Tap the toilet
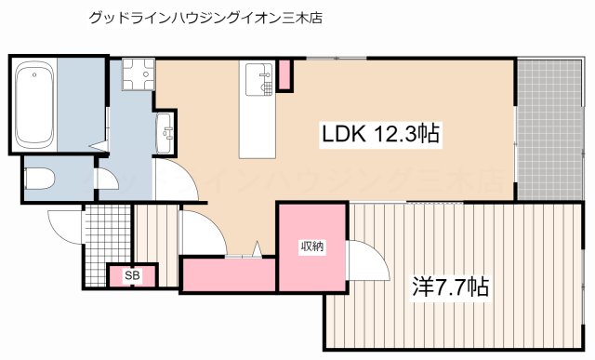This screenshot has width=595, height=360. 42,180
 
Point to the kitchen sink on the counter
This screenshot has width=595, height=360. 257,79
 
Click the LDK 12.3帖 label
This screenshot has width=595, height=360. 380,135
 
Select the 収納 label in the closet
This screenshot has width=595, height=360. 311,247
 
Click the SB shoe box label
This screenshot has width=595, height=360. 132,275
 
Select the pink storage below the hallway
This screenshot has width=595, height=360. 229,274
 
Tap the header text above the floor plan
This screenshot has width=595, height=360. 205,18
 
